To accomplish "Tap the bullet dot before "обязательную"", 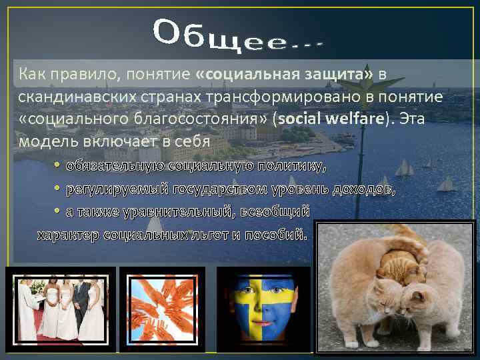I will (x=58, y=165).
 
